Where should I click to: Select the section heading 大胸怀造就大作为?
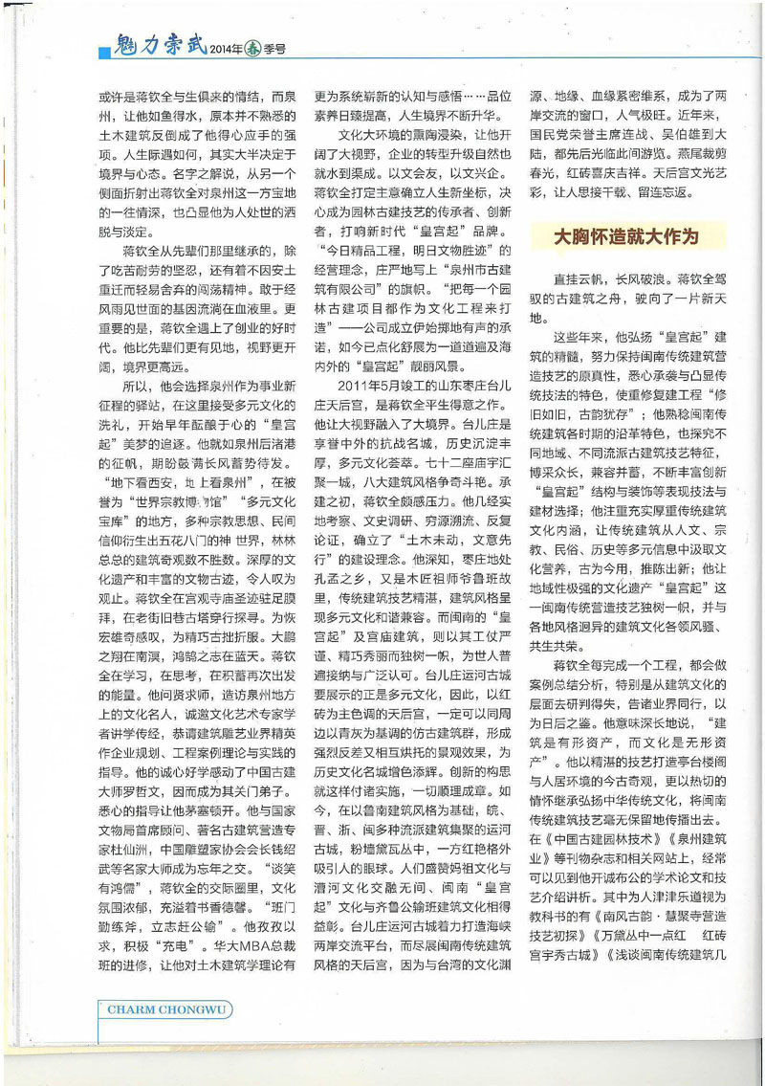coord(628,236)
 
